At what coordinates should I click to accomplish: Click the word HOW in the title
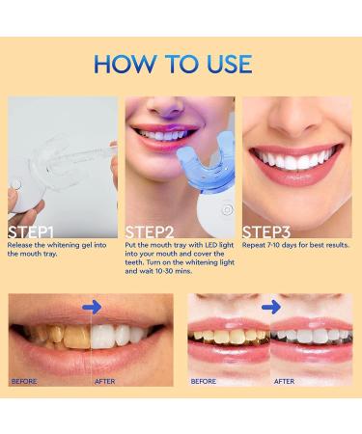pyautogui.click(x=125, y=64)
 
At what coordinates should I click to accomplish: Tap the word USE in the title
pyautogui.click(x=229, y=64)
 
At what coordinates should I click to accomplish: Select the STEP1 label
pyautogui.click(x=31, y=231)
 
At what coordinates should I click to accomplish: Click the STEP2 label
pyautogui.click(x=150, y=231)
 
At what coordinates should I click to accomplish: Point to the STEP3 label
pyautogui.click(x=266, y=231)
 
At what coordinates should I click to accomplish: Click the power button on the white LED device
pyautogui.click(x=227, y=210)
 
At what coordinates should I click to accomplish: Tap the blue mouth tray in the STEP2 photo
pyautogui.click(x=206, y=162)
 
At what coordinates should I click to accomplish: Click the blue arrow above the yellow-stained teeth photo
pyautogui.click(x=92, y=308)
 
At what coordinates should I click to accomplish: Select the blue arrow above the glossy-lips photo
pyautogui.click(x=271, y=308)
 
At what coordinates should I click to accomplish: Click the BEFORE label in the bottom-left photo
pyautogui.click(x=24, y=381)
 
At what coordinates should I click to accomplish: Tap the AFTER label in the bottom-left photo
pyautogui.click(x=105, y=381)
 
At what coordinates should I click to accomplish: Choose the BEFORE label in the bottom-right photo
pyautogui.click(x=204, y=381)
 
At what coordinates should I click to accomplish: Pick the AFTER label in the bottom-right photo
pyautogui.click(x=284, y=381)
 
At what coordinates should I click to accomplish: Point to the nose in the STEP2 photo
pyautogui.click(x=167, y=106)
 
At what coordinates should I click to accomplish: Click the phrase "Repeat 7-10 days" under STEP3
pyautogui.click(x=269, y=245)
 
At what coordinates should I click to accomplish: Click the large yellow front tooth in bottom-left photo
pyautogui.click(x=76, y=337)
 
